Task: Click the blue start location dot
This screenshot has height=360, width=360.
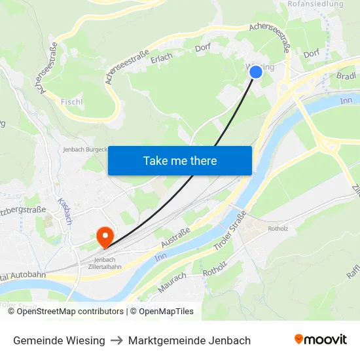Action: click(256, 72)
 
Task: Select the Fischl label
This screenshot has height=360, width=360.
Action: click(71, 102)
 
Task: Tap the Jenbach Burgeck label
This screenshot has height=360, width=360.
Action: click(84, 149)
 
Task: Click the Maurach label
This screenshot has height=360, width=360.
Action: click(172, 282)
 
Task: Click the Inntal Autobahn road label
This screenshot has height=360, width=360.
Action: click(24, 275)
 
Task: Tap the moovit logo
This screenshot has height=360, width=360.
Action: click(320, 339)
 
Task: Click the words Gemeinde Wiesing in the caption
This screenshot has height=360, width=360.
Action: click(59, 340)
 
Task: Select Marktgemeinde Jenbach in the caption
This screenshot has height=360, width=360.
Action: click(189, 340)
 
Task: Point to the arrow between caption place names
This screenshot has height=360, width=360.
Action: click(117, 340)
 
